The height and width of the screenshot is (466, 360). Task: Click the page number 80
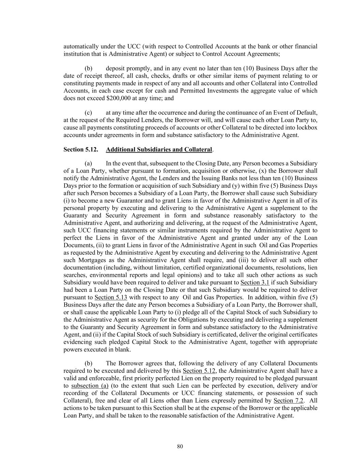click(x=180, y=446)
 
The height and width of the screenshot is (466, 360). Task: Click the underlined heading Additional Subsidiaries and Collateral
click(x=159, y=150)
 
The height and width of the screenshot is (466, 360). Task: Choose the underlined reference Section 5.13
click(x=111, y=297)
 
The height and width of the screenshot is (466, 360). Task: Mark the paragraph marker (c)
click(x=88, y=113)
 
